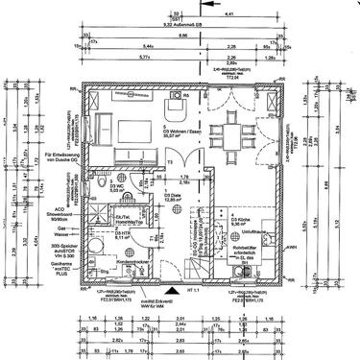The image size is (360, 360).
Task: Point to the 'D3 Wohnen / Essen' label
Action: click(179, 133)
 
